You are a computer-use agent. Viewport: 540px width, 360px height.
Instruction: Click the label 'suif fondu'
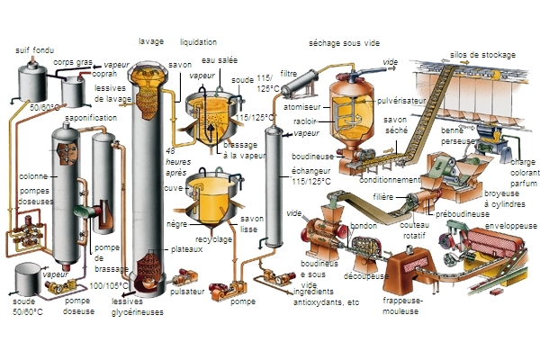(35, 49)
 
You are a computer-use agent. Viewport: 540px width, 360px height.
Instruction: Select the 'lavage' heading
(150, 41)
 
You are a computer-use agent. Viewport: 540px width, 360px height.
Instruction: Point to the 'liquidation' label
(198, 41)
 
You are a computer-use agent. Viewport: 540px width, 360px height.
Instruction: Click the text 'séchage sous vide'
(343, 41)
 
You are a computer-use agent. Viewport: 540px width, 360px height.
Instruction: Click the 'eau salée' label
(220, 60)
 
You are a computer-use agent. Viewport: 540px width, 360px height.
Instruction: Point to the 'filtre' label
(289, 73)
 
